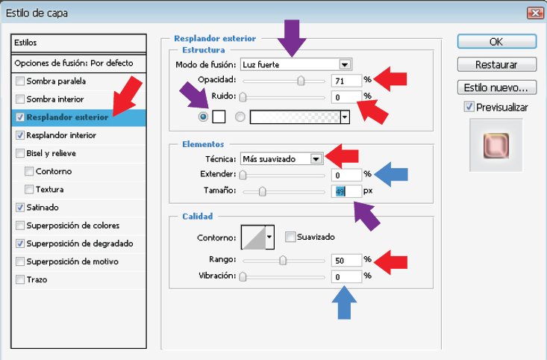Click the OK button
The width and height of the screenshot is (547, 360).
(x=497, y=42)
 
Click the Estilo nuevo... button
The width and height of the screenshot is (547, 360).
(x=497, y=87)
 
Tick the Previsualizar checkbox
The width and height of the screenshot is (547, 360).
(x=469, y=107)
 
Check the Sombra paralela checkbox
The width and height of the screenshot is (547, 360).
(x=20, y=81)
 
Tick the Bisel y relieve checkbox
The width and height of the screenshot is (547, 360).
(x=20, y=153)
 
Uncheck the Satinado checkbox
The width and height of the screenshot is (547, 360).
(x=20, y=207)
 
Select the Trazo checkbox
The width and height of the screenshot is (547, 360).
(x=20, y=279)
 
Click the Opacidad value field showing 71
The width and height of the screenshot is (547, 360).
(x=346, y=81)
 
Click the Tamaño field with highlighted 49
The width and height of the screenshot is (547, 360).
(x=346, y=191)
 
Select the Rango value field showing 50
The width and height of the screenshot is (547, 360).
(x=346, y=260)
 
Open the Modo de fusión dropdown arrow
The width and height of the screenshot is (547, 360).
(x=345, y=64)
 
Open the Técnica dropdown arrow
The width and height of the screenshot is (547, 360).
(x=316, y=159)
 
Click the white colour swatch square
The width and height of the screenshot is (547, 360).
(x=219, y=117)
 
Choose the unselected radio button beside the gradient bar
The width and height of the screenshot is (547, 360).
(x=240, y=117)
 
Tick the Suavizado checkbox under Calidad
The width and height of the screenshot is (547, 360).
(x=290, y=237)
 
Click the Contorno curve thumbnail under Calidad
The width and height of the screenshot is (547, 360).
(x=254, y=238)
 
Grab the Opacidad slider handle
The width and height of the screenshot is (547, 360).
(x=301, y=81)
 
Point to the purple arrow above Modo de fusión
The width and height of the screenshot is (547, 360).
(x=292, y=37)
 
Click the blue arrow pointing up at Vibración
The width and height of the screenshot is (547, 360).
(x=344, y=302)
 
